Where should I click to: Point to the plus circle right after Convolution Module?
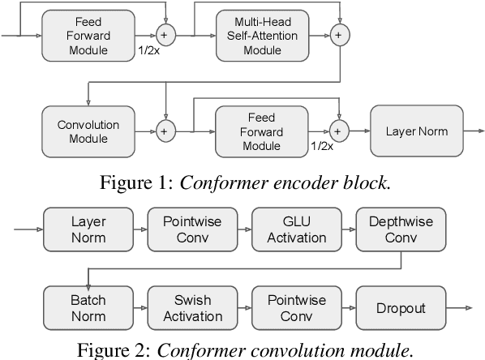pos(165,131)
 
